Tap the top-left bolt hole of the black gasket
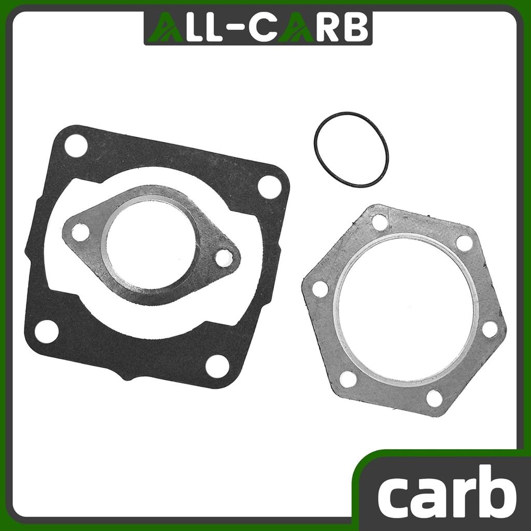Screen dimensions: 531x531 coord(76,145)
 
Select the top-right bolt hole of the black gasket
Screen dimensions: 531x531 coord(270,187)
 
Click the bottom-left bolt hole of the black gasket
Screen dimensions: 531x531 coord(47,331)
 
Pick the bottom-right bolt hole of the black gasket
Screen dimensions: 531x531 coord(217,366)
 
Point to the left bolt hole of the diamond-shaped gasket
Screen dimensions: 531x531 coord(80,232)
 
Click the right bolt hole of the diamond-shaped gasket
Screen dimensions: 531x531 coord(224,257)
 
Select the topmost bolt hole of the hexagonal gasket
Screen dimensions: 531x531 coord(380,222)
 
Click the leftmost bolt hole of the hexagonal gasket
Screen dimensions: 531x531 coord(320,289)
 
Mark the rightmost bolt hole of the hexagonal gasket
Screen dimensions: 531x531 coord(490,329)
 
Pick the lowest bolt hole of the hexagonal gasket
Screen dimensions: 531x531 coord(435,398)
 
